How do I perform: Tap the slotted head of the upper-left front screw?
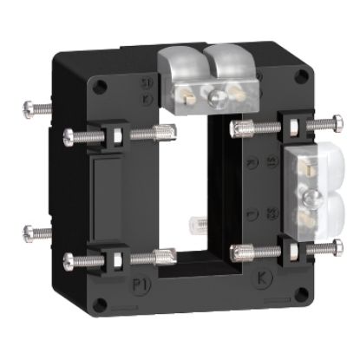[69, 134]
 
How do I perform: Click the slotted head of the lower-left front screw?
[69, 259]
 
